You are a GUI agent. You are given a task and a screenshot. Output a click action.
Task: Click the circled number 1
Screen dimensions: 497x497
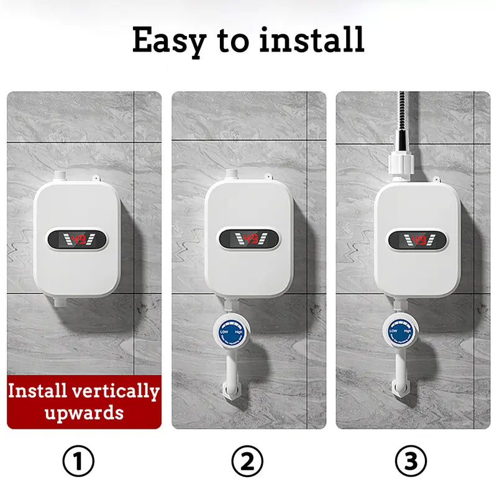[79, 461]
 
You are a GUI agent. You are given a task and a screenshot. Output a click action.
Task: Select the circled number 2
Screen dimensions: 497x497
[247, 461]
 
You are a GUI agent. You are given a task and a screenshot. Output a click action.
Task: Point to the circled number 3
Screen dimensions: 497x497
[411, 461]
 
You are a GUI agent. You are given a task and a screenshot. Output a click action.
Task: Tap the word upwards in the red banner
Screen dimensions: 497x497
[84, 412]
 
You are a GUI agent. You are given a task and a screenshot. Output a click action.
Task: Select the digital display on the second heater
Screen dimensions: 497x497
[248, 238]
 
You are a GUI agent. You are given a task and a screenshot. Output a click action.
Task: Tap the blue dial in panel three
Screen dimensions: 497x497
[400, 331]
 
